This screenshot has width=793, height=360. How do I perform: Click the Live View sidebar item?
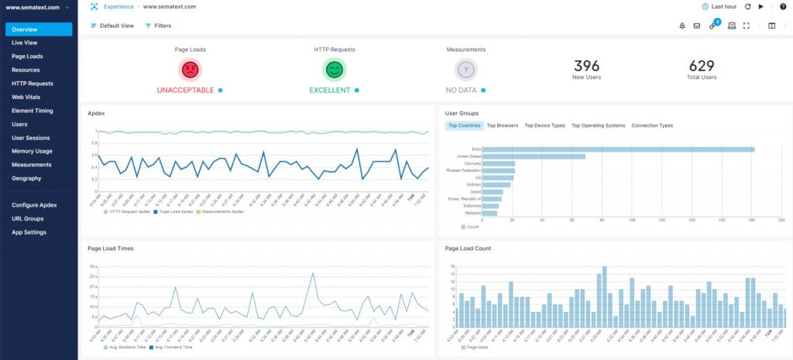pyautogui.click(x=23, y=43)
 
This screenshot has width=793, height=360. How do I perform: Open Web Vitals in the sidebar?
pyautogui.click(x=26, y=97)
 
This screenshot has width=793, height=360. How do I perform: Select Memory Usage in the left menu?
pyautogui.click(x=32, y=151)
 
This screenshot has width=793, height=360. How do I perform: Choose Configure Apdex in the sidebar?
pyautogui.click(x=34, y=205)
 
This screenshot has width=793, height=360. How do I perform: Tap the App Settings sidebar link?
pyautogui.click(x=29, y=232)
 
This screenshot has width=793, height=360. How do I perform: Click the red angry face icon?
pyautogui.click(x=190, y=70)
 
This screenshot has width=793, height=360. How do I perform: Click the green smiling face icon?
pyautogui.click(x=334, y=70)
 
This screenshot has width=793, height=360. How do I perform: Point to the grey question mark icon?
pyautogui.click(x=465, y=70)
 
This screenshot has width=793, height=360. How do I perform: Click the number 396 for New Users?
pyautogui.click(x=586, y=67)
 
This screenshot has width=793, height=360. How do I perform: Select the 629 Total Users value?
pyautogui.click(x=701, y=67)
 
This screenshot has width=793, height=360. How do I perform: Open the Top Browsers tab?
pyautogui.click(x=502, y=125)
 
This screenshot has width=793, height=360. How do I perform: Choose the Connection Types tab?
pyautogui.click(x=652, y=125)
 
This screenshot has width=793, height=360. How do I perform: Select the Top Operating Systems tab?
pyautogui.click(x=598, y=125)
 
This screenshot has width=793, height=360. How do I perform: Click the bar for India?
pyautogui.click(x=619, y=149)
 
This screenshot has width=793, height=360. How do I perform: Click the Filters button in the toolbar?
pyautogui.click(x=158, y=26)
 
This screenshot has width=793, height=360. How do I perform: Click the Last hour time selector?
pyautogui.click(x=719, y=6)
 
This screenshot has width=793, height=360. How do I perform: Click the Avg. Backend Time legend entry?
pyautogui.click(x=126, y=348)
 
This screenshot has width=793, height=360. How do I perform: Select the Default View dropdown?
pyautogui.click(x=112, y=26)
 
